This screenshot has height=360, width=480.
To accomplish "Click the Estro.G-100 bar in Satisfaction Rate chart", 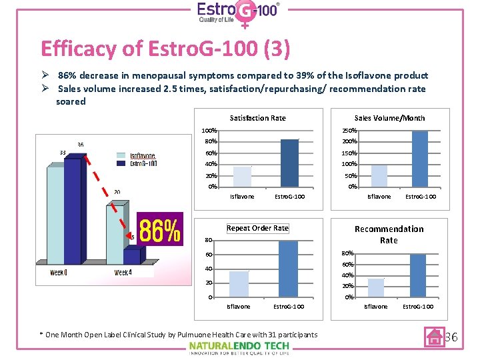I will (x=289, y=163).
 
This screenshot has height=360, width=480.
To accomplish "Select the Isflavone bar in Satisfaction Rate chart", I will (x=242, y=176).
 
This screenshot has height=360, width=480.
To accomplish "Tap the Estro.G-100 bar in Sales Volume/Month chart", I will (x=420, y=159).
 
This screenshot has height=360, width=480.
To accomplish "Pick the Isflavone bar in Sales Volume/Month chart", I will (x=379, y=175).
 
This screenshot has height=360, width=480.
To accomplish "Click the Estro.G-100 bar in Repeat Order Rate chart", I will (x=288, y=269).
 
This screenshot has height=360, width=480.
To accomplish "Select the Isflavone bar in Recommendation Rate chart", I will (x=376, y=287).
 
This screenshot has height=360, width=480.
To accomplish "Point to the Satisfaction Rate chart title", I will (x=257, y=118).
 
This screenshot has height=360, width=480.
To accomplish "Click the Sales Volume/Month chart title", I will (x=389, y=118).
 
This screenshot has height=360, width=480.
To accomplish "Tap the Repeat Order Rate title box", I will (x=257, y=228).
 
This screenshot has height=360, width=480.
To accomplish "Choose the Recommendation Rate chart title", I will (x=389, y=234).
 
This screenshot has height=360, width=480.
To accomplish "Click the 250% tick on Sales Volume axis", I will (x=350, y=130).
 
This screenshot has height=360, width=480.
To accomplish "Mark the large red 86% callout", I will (x=160, y=230).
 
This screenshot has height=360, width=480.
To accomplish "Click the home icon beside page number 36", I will (x=435, y=337).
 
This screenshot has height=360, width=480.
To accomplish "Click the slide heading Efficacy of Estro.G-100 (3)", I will (x=165, y=49).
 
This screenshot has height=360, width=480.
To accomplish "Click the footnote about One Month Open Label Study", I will (x=178, y=335).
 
